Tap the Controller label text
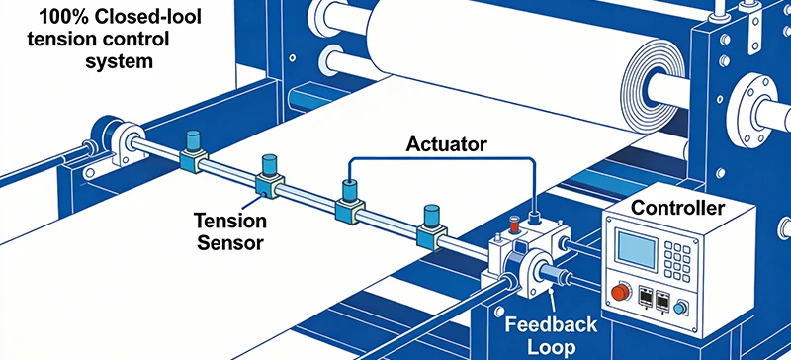pos(678,209)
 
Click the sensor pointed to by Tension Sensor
pos(268,174)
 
